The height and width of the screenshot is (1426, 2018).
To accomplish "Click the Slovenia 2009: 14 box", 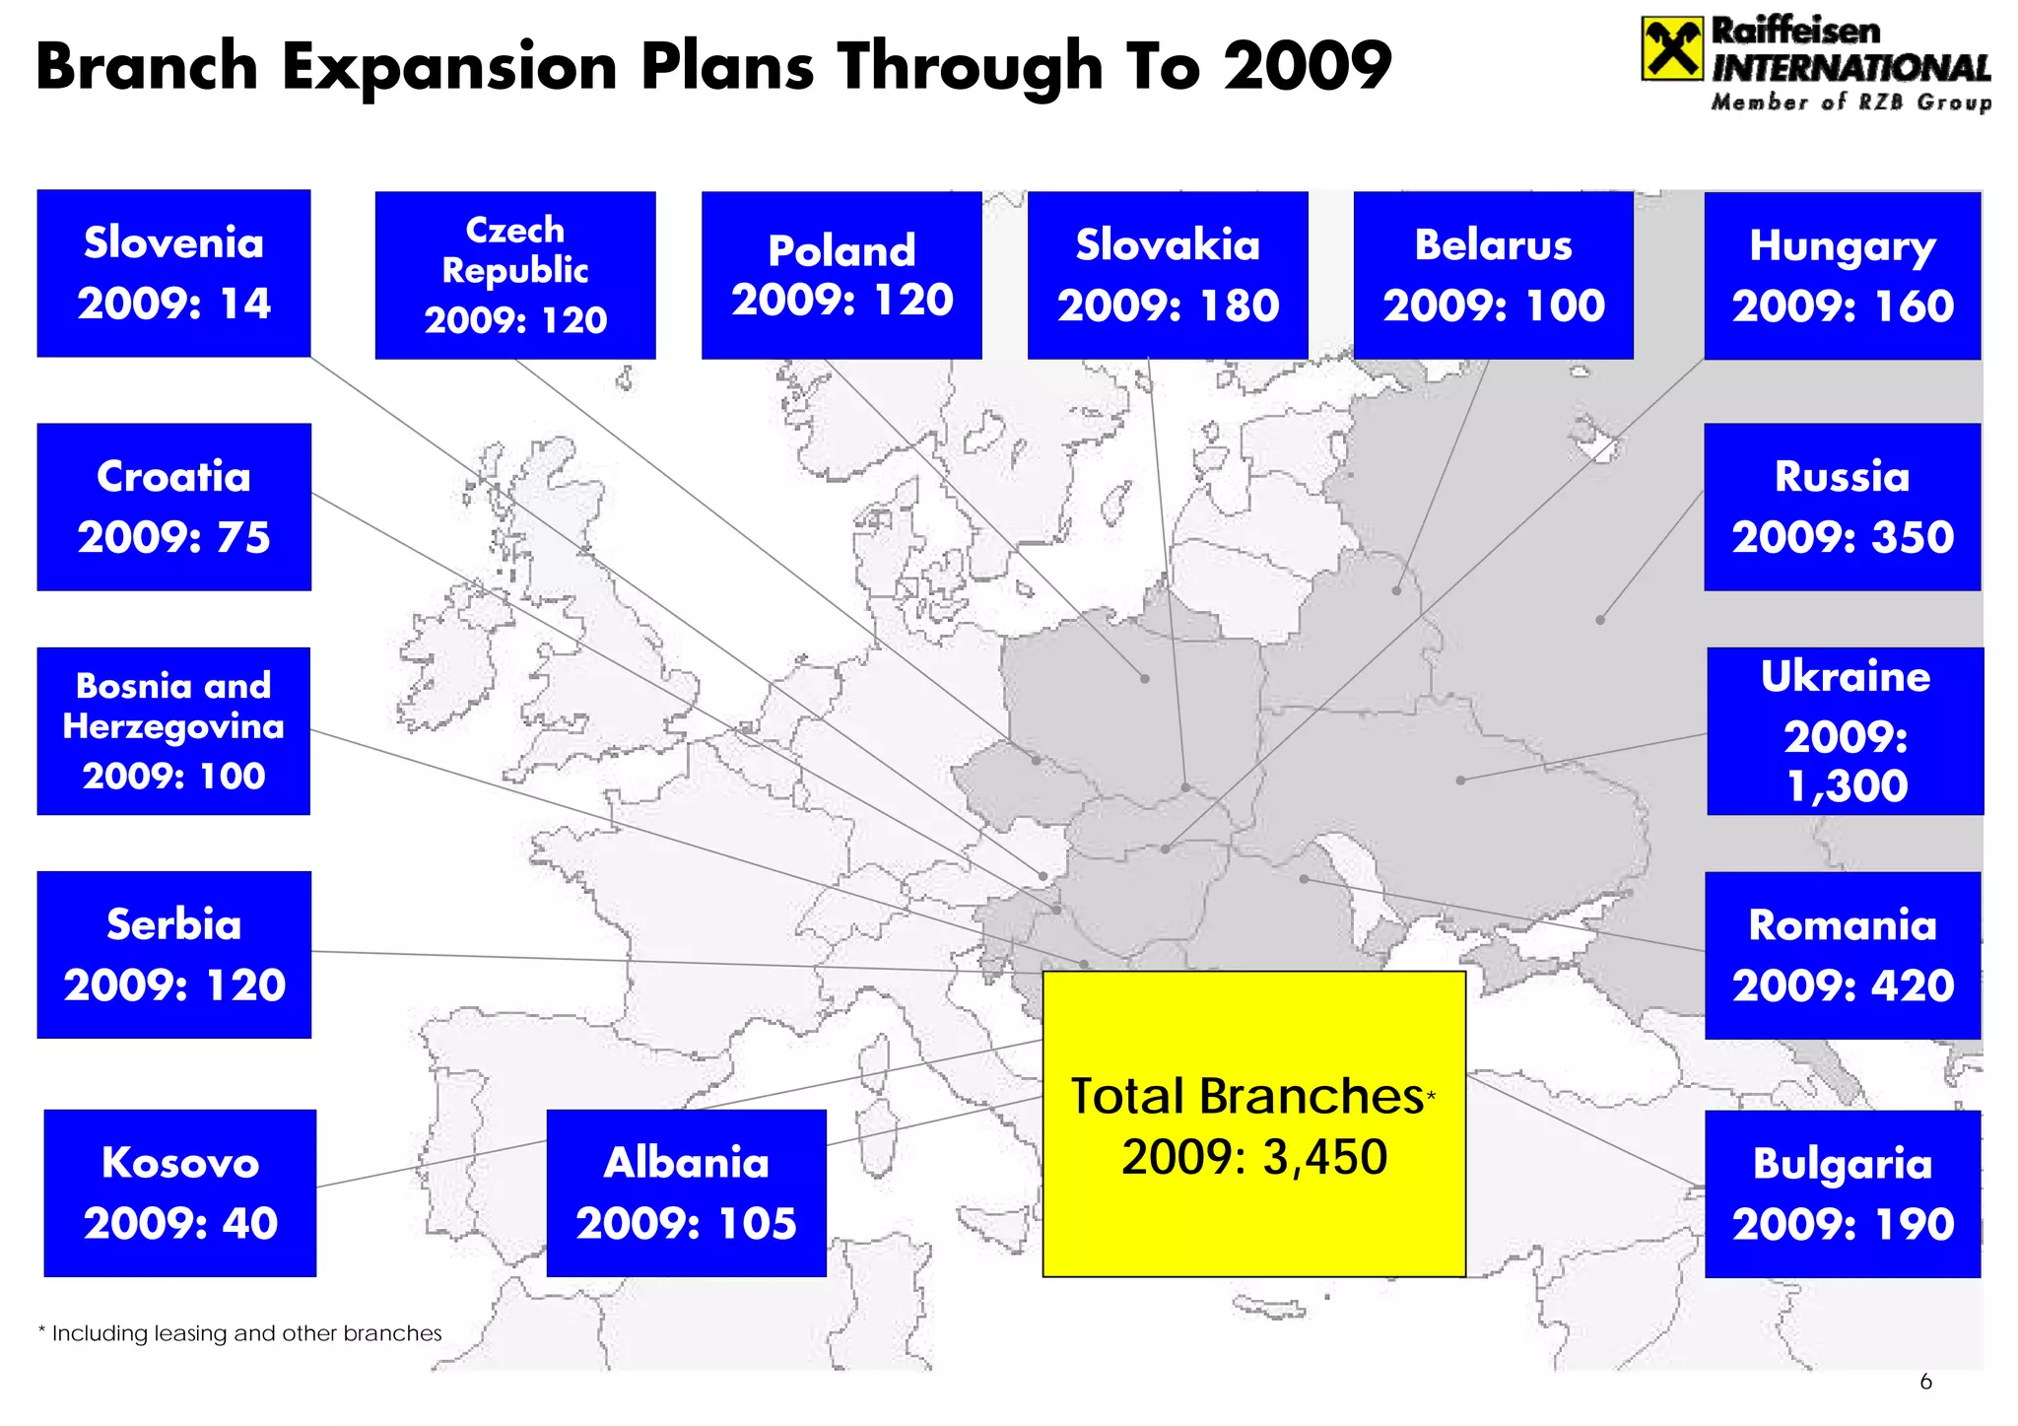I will (x=173, y=273).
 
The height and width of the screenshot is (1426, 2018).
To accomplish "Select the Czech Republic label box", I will (x=514, y=275).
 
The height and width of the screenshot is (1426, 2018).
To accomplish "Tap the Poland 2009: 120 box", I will (x=841, y=275).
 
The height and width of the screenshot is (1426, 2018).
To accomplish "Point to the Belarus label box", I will (x=1493, y=275).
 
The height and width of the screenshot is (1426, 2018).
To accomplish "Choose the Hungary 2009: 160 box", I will (x=1842, y=275).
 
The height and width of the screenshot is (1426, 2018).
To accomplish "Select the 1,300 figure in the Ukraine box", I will (x=1847, y=785).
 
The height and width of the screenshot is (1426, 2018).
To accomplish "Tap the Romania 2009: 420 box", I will (x=1842, y=955).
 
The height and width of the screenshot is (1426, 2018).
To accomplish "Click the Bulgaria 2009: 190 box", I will (x=1842, y=1193).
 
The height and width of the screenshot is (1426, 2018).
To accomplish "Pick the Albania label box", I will (x=686, y=1192).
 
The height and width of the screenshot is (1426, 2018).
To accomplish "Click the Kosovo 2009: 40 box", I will (x=180, y=1192).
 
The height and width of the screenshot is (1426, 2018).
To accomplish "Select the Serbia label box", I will (x=173, y=954).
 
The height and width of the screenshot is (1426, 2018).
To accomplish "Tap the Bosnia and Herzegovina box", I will (x=173, y=730).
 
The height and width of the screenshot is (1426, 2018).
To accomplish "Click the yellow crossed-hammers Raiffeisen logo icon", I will (x=1671, y=48).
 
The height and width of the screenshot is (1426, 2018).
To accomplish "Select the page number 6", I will (x=1925, y=1382).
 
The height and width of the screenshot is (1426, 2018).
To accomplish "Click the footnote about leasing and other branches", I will (x=239, y=1333).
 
